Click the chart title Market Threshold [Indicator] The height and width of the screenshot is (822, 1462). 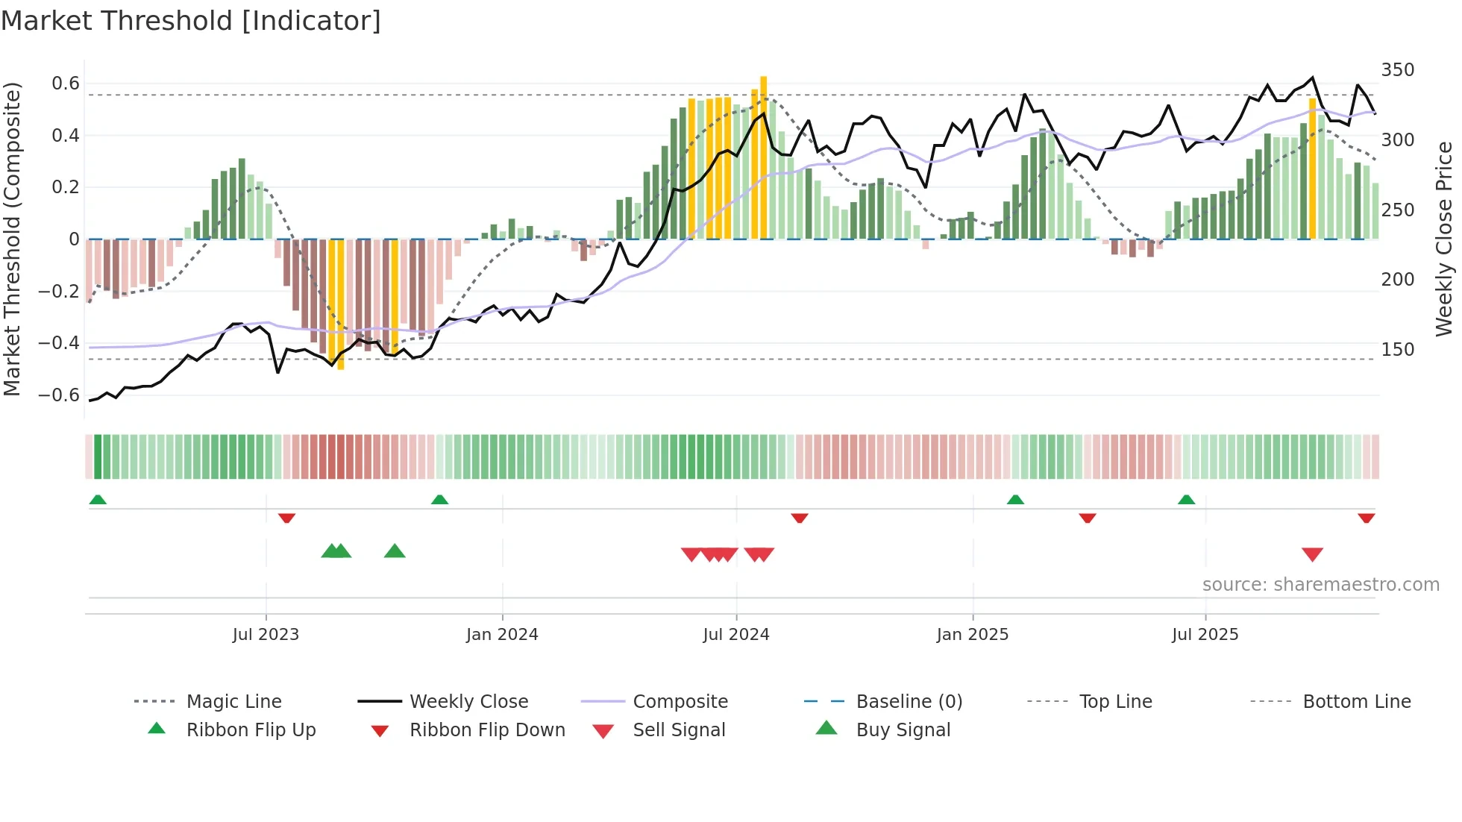point(191,21)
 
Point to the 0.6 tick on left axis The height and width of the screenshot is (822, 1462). point(66,84)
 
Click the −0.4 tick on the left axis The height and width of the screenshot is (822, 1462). point(59,343)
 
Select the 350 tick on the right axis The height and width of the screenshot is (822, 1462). point(1398,70)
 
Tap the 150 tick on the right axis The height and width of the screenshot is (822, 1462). point(1398,350)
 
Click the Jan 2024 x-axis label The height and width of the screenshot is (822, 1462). point(502,635)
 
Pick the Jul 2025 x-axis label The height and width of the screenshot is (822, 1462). point(1205,635)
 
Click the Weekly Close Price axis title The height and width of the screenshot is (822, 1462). point(1444,239)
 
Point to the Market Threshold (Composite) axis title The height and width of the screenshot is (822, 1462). point(12,239)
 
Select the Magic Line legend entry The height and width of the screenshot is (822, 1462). point(233,702)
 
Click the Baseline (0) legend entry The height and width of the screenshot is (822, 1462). point(909,702)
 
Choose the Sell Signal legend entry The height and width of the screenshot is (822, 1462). point(678,730)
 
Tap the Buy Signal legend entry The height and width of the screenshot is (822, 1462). point(903,730)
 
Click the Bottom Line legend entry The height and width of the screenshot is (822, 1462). point(1356,702)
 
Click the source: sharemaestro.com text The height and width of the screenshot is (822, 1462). point(1320,585)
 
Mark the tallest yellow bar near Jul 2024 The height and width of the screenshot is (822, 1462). point(763,157)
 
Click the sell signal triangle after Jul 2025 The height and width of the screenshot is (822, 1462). point(1312,554)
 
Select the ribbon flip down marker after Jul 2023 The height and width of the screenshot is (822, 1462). point(286,518)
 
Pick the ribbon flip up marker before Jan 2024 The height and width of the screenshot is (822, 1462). point(439,500)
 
